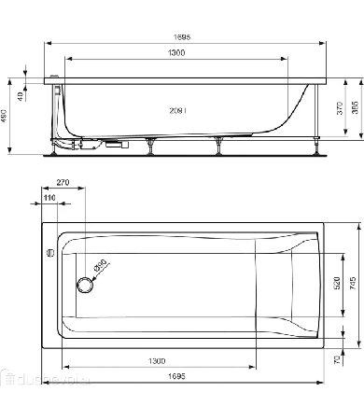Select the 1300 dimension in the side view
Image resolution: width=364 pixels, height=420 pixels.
click(170, 54)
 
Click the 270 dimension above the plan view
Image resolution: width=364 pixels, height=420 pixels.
click(63, 185)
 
